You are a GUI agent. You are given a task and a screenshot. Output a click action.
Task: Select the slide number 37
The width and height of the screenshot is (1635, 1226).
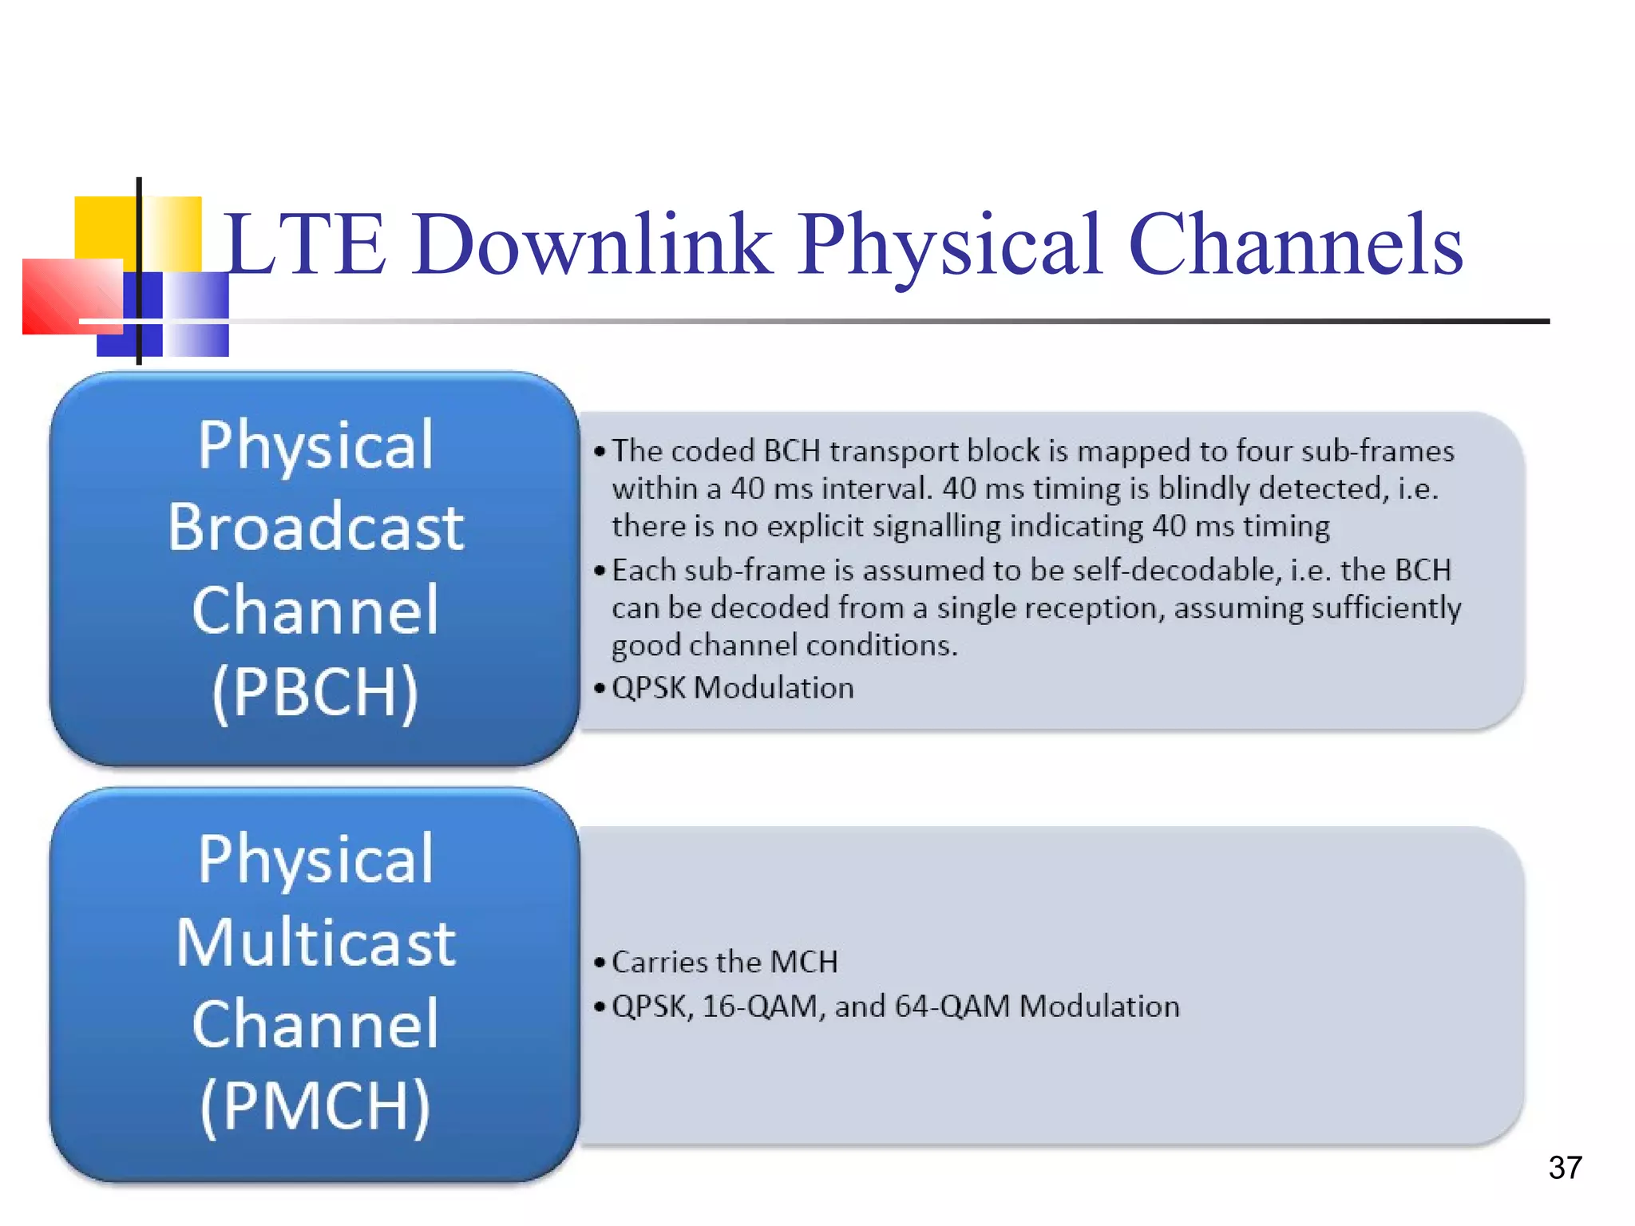pyautogui.click(x=1565, y=1168)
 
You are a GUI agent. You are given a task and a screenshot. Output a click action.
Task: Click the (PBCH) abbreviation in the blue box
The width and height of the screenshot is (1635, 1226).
pyautogui.click(x=315, y=692)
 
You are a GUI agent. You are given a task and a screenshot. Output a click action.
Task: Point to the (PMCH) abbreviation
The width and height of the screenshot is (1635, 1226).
pyautogui.click(x=315, y=1106)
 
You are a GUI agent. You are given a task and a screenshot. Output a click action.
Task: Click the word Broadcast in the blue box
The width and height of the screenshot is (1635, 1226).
pyautogui.click(x=315, y=528)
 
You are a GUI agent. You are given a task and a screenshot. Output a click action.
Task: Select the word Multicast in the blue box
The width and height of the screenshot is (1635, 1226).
pyautogui.click(x=315, y=943)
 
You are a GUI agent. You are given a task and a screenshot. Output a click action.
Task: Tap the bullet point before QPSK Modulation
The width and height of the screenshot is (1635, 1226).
pyautogui.click(x=600, y=688)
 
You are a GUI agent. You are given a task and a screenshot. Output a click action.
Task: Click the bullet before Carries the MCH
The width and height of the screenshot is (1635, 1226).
pyautogui.click(x=600, y=963)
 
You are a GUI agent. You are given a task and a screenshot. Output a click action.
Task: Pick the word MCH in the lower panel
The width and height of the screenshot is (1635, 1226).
pyautogui.click(x=804, y=962)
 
